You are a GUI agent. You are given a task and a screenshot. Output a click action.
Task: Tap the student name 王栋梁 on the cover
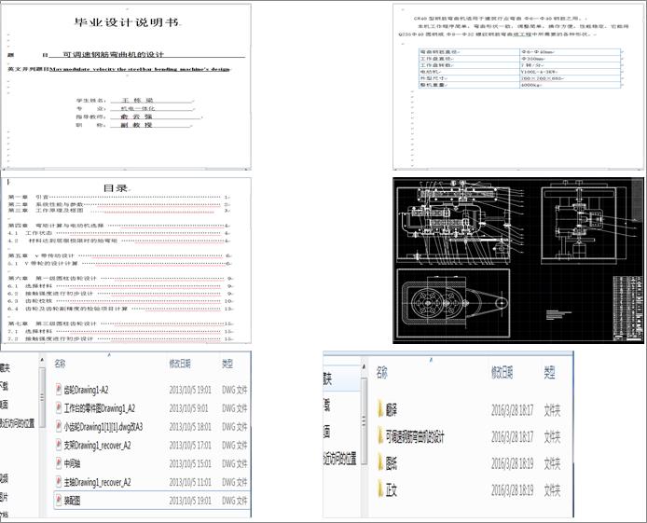(134, 99)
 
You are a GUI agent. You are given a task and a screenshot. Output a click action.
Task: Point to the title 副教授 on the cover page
(135, 124)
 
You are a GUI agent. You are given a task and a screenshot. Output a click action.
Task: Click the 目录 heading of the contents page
(117, 187)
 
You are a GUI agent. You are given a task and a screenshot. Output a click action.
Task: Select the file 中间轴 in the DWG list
(76, 463)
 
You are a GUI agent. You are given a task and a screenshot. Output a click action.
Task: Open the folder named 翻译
(391, 408)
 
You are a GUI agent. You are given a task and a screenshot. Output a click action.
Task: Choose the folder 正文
(391, 489)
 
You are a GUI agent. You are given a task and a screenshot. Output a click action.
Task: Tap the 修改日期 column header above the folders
(505, 371)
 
